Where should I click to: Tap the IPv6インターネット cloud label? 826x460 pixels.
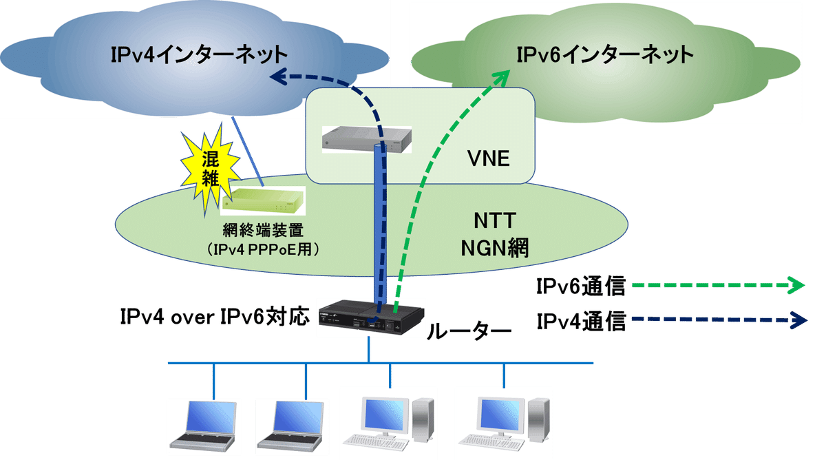[x=606, y=54]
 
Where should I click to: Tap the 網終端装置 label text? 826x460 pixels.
[x=265, y=231]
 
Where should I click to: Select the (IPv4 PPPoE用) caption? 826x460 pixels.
[x=265, y=249]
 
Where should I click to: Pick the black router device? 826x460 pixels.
[x=372, y=317]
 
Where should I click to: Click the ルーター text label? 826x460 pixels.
[x=469, y=332]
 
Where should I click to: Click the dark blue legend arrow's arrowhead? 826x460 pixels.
[x=798, y=320]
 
